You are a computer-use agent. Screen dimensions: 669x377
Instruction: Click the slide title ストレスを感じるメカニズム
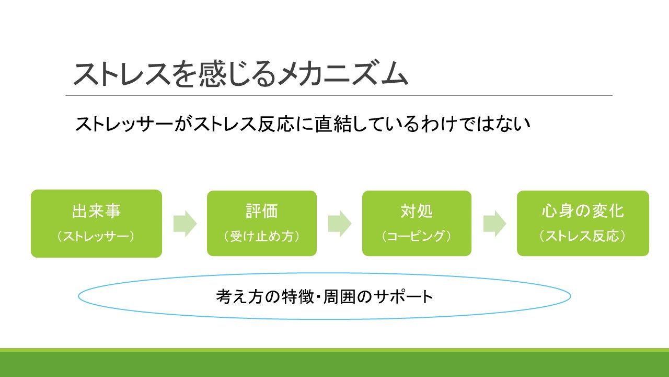click(x=241, y=74)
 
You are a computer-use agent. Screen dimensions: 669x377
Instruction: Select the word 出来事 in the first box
click(x=96, y=211)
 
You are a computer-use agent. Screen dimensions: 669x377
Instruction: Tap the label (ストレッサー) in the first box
click(x=96, y=236)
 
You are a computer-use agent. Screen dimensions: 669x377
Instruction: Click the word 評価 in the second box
click(x=262, y=211)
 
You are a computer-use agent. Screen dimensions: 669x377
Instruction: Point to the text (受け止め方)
click(x=262, y=236)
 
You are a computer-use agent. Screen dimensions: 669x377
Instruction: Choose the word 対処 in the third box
click(x=417, y=211)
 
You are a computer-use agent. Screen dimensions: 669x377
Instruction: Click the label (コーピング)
click(x=417, y=236)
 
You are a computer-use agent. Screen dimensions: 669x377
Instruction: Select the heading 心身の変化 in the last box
click(x=583, y=211)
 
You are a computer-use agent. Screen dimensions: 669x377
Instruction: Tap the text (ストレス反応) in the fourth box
click(x=583, y=236)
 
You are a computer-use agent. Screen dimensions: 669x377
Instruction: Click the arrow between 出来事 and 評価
click(x=185, y=224)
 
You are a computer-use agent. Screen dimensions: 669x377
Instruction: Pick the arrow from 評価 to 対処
click(x=340, y=224)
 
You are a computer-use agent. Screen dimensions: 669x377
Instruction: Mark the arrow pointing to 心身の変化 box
click(x=495, y=224)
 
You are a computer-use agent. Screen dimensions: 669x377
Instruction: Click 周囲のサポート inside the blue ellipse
click(x=378, y=296)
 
